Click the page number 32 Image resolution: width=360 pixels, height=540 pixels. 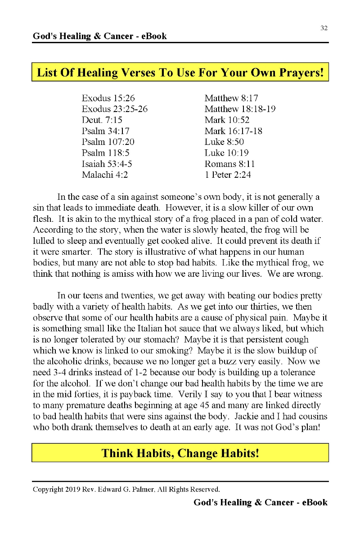tap(324, 28)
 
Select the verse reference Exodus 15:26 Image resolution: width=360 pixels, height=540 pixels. tap(108, 98)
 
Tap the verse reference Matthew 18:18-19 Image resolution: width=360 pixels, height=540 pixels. tap(240, 109)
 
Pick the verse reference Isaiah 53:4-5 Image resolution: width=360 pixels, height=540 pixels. tap(107, 164)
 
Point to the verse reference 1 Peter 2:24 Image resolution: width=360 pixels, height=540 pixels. tap(227, 175)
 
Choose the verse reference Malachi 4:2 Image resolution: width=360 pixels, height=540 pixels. tap(105, 175)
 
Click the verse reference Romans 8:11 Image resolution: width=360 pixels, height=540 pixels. tap(229, 164)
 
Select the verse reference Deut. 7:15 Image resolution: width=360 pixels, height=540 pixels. tap(102, 120)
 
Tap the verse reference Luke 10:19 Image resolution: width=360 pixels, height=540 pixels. tap(226, 153)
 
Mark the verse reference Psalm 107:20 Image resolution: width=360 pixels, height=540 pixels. tap(108, 142)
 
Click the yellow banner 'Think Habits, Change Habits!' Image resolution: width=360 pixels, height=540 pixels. tap(180, 453)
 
